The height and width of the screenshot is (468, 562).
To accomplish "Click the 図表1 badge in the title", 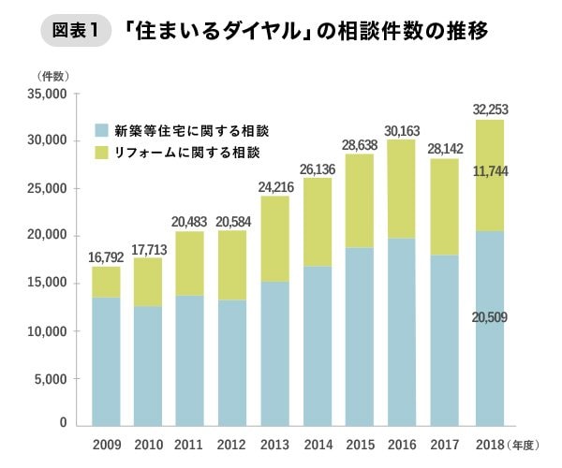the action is tap(76, 31).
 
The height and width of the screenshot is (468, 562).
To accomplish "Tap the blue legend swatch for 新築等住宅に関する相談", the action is tap(101, 130).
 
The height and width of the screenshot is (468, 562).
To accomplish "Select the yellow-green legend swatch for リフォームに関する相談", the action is tap(101, 153).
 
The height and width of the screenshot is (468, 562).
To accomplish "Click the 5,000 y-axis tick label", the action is tap(51, 379).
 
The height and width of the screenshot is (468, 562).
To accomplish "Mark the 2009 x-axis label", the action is tap(107, 445).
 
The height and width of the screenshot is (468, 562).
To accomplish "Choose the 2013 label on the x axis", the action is tap(274, 445).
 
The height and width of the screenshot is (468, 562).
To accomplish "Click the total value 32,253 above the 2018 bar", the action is tap(490, 110).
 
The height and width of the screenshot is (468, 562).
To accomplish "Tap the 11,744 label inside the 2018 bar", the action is tap(490, 171).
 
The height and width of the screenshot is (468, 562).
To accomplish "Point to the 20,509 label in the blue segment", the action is tap(490, 317).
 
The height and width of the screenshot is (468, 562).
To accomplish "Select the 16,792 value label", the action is tap(106, 257).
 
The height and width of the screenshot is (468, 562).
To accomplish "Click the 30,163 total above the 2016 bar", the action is tap(402, 131).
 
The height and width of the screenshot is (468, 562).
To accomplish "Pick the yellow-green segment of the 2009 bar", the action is tap(106, 282).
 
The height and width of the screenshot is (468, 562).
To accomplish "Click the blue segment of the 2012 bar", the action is tap(232, 363).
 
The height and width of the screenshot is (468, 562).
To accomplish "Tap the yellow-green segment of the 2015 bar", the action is tap(360, 201).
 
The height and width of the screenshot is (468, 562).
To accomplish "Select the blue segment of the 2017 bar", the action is tap(444, 341).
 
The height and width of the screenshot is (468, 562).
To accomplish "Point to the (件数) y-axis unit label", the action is tap(52, 76).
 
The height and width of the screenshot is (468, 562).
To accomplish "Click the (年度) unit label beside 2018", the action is tap(523, 446).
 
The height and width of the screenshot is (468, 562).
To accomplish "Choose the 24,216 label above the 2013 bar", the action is tap(276, 187).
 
